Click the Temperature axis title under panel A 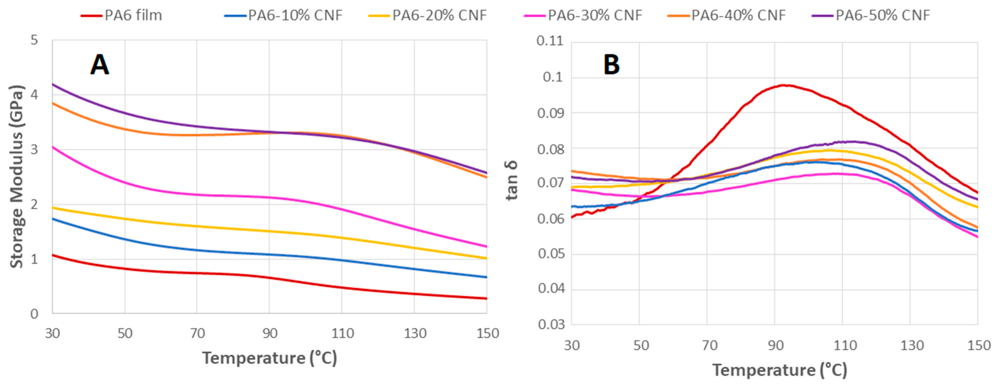coord(269,358)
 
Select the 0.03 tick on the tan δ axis coord(550,324)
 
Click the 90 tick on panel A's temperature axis coord(269,333)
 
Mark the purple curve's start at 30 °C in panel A coord(53,84)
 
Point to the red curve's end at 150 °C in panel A coord(486,298)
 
